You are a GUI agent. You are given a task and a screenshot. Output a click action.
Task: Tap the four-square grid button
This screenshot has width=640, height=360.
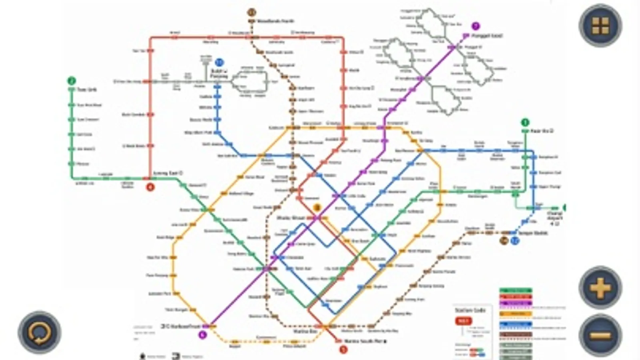pos(600,25)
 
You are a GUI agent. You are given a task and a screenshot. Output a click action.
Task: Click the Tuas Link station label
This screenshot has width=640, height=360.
pos(87,90)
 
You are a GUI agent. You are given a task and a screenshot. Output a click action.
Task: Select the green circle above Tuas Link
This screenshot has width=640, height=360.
pos(71,81)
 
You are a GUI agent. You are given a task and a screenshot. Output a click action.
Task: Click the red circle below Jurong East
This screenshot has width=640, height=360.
pos(150,186)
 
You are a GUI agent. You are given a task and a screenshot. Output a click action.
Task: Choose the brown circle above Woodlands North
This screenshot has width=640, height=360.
pos(251,12)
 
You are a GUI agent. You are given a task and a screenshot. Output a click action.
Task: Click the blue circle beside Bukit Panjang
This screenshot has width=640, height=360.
pos(219,62)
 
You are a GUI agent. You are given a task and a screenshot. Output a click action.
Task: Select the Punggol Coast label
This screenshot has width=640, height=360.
pos(487,36)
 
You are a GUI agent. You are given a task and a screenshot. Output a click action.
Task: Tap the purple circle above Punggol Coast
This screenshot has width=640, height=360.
pos(475,26)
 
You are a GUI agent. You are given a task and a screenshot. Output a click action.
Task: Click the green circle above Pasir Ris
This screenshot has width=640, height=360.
pos(525,122)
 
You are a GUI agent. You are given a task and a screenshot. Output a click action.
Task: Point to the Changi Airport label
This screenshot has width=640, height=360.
pos(555,216)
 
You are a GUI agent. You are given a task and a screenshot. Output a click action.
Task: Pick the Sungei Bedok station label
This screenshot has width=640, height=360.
pos(532,233)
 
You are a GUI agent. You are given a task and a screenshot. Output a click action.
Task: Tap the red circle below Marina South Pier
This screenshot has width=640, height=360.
pos(343,350)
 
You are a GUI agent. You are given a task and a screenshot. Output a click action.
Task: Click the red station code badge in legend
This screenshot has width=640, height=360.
pos(463,321)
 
